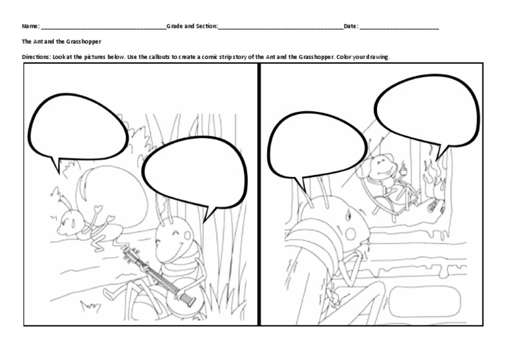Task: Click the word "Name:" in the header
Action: [30, 26]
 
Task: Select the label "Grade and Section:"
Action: [192, 26]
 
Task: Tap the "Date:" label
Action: [351, 26]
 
